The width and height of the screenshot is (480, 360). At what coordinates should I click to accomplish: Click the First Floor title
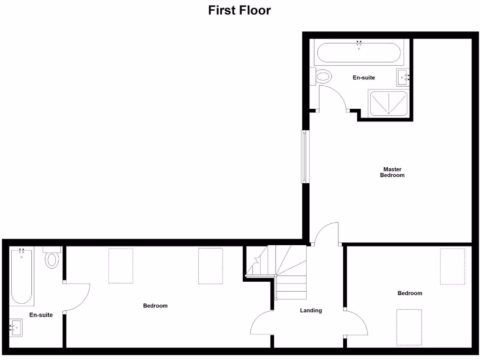[x=240, y=10]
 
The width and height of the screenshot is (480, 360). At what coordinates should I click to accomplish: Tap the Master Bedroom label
[x=392, y=172]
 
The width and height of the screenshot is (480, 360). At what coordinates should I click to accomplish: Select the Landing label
[x=311, y=310]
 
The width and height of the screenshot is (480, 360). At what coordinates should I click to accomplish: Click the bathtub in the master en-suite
[x=359, y=53]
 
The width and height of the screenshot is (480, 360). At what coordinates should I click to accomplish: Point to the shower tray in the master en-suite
[x=388, y=103]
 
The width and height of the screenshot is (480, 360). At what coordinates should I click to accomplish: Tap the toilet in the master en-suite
[x=323, y=76]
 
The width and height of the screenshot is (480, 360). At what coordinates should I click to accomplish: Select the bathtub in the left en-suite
[x=22, y=277]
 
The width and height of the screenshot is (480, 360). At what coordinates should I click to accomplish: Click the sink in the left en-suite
[x=15, y=328]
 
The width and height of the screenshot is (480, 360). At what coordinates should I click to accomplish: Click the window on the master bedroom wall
[x=305, y=157]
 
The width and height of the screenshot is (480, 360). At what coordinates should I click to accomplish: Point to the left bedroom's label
[x=155, y=306]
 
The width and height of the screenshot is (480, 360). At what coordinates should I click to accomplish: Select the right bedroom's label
[x=410, y=293]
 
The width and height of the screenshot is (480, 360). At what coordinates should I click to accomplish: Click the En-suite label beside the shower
[x=364, y=77]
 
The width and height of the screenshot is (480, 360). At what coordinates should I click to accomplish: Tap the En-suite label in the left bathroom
[x=41, y=315]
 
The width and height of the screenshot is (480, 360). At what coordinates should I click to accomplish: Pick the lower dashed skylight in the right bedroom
[x=409, y=327]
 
